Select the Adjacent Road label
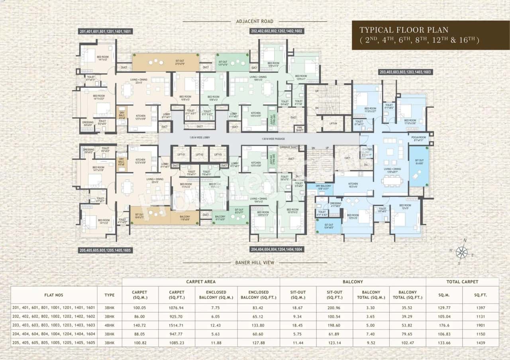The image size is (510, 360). coord(255,21)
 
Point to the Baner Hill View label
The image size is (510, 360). coord(255,262)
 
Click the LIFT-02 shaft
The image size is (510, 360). coord(200,154)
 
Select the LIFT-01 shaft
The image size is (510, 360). coord(181,154)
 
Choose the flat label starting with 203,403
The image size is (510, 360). coord(405,72)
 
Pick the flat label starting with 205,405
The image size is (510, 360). coord(105,250)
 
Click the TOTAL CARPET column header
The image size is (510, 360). coord(462,282)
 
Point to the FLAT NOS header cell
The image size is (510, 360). coord(54,295)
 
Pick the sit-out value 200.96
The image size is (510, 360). coord(335,307)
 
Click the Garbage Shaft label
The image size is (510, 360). coord(288,147)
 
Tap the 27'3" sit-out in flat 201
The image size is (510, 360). coord(165,63)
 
